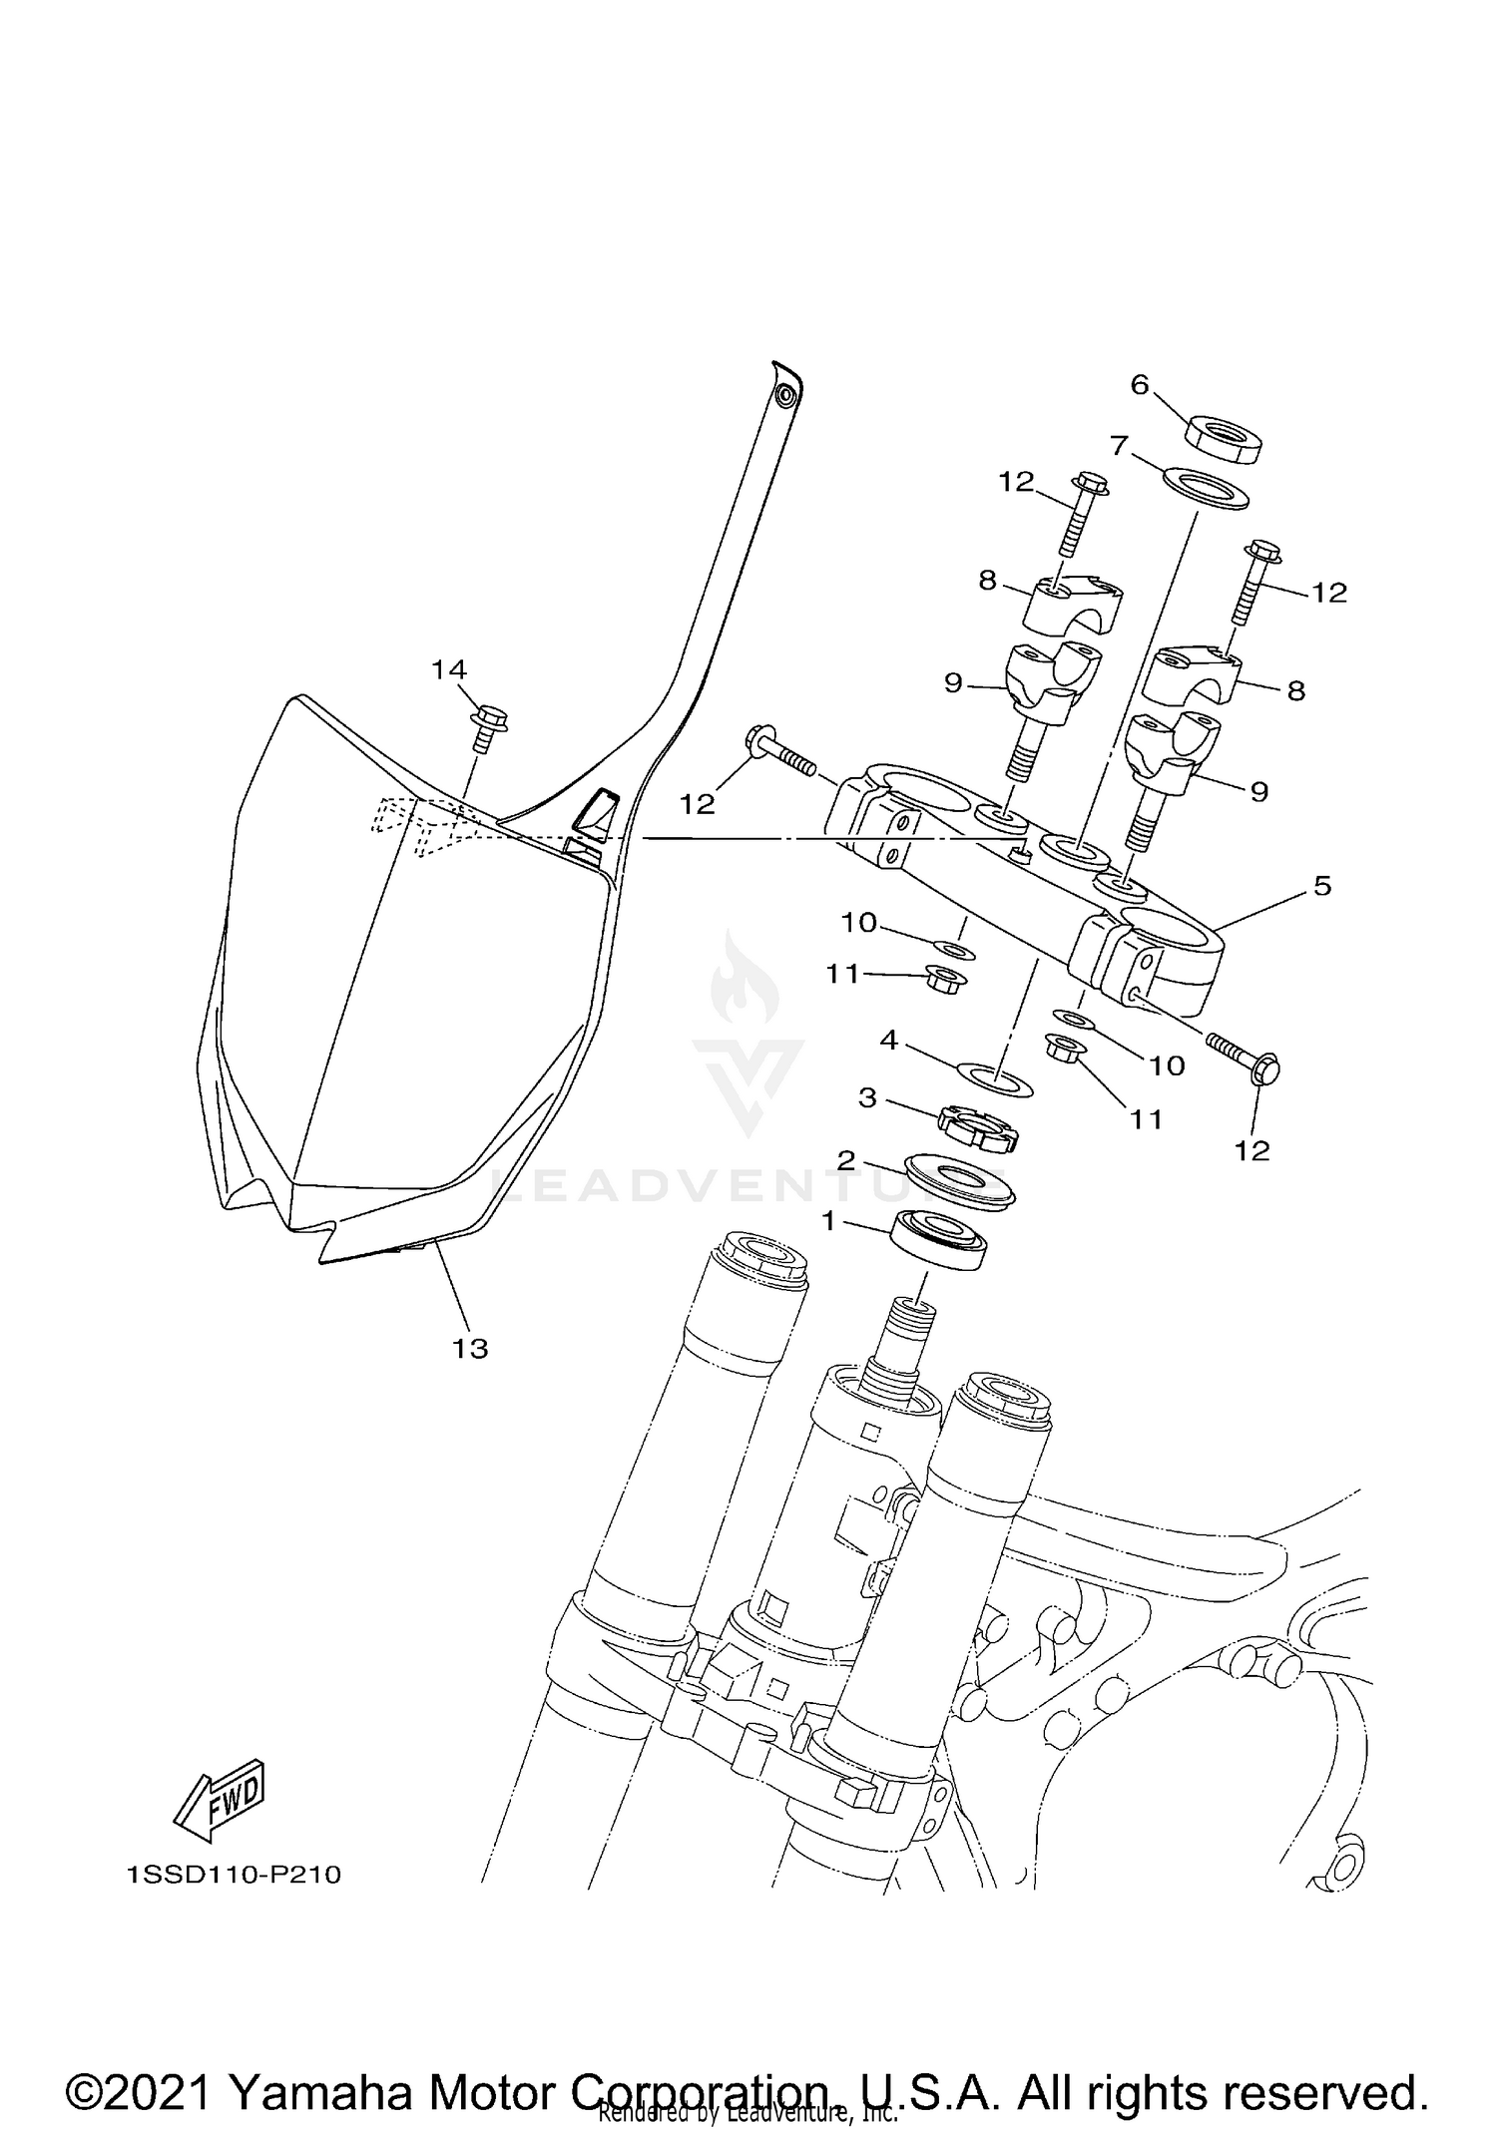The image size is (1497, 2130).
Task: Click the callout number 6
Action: point(1140,384)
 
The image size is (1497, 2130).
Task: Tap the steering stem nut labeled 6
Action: point(1224,438)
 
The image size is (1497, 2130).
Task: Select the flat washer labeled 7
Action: point(1207,488)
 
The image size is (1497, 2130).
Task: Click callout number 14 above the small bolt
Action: point(449,669)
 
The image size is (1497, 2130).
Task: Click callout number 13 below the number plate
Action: point(470,1349)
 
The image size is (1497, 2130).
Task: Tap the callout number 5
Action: point(1322,885)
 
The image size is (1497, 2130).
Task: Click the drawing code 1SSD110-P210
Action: point(235,1875)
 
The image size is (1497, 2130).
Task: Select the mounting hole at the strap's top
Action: point(787,396)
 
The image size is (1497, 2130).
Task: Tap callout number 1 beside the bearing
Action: point(827,1220)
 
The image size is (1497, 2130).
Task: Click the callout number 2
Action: point(845,1160)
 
